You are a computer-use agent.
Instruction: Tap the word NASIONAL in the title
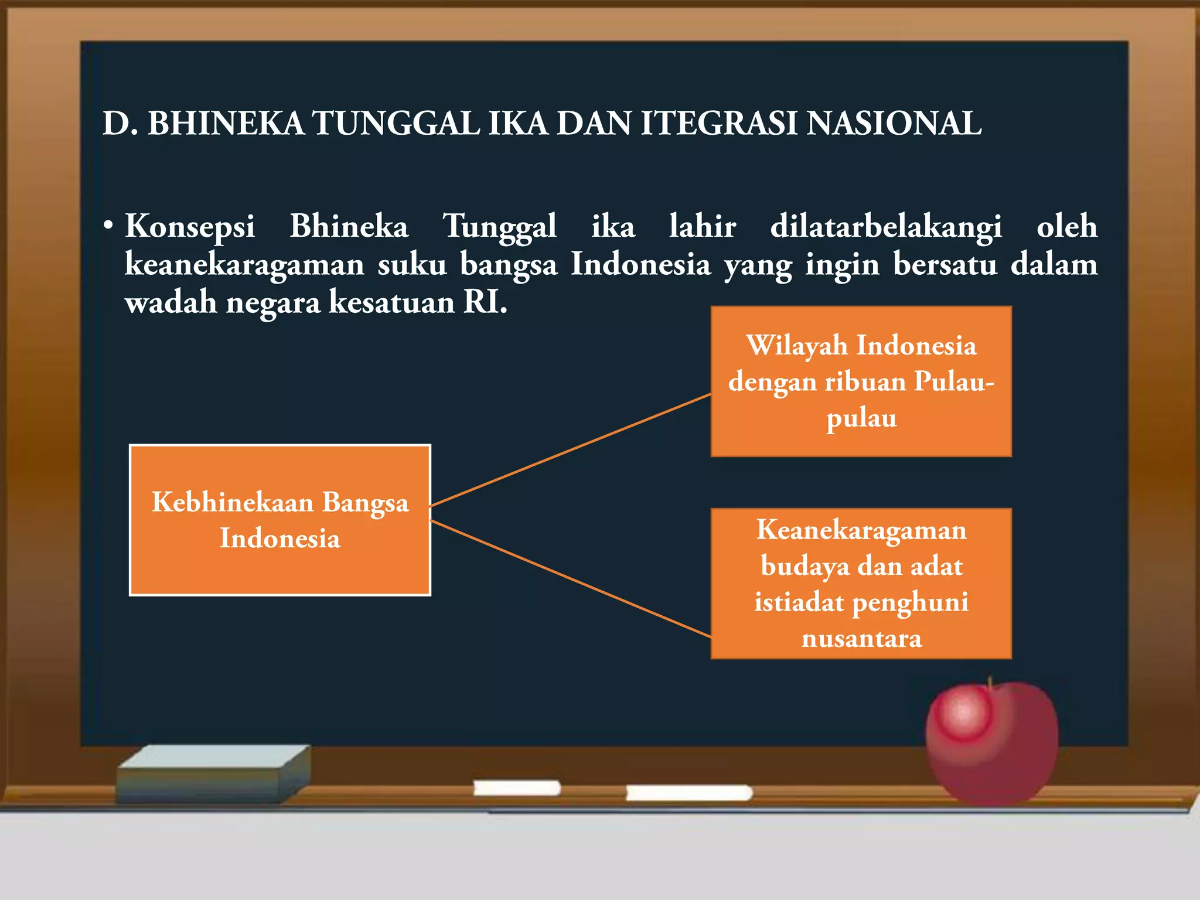tap(894, 124)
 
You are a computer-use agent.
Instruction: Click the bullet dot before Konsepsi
tap(107, 226)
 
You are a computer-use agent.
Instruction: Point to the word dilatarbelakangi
tap(885, 227)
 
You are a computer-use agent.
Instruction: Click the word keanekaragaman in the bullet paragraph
tap(244, 265)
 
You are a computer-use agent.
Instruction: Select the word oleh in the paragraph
tap(1066, 226)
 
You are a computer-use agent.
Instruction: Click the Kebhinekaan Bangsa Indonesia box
tap(280, 520)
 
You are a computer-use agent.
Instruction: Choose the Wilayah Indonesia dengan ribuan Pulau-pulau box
tap(861, 381)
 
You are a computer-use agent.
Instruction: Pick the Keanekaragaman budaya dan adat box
tap(861, 584)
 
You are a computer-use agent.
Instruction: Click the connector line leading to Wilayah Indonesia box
tap(571, 450)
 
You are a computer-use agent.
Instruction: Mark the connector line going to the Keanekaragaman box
tap(571, 579)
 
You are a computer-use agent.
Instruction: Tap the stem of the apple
tap(990, 683)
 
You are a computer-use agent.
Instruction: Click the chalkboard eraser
tap(214, 773)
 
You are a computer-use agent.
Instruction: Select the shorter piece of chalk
tap(517, 788)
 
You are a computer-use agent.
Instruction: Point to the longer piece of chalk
tap(689, 793)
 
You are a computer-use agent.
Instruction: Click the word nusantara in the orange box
tap(861, 638)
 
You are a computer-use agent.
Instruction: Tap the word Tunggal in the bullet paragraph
tap(499, 227)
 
